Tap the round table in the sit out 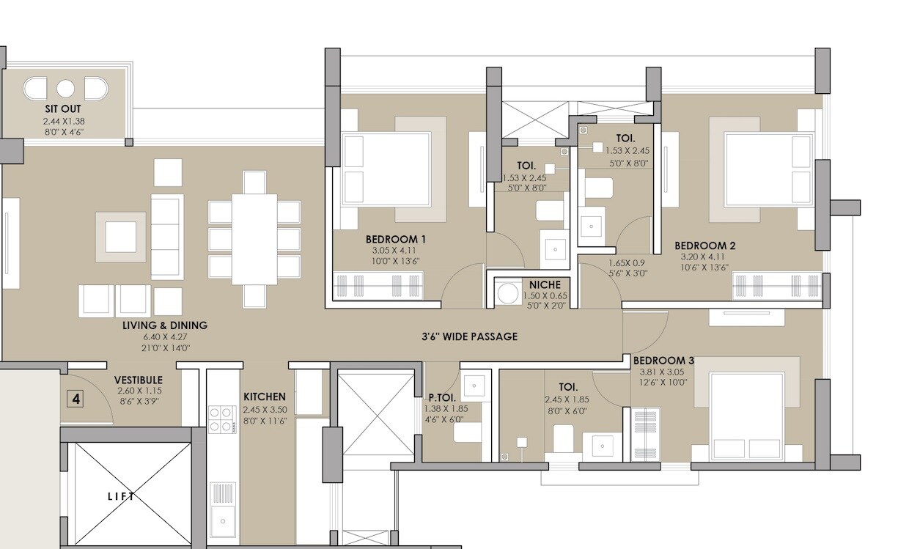coord(65,89)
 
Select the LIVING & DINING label coord(165,325)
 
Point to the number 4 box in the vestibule coord(76,399)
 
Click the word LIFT coord(122,496)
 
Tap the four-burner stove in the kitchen coord(221,419)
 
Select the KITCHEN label coord(264,397)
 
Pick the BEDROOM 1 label coord(396,239)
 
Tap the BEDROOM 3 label coord(663,361)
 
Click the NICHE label coord(545,284)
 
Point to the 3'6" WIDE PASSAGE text coord(470,336)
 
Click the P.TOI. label coord(442,397)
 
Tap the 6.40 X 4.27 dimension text coord(165,337)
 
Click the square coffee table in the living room coord(120,237)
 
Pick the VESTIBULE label coord(138,380)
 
